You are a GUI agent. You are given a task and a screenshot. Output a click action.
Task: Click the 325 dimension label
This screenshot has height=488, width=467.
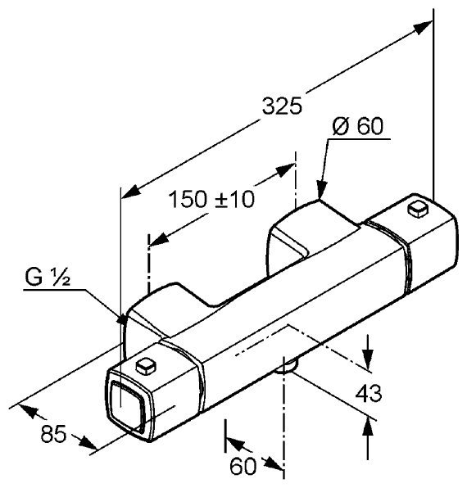[x=282, y=106]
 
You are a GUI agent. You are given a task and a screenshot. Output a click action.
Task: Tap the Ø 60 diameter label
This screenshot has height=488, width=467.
[x=357, y=126]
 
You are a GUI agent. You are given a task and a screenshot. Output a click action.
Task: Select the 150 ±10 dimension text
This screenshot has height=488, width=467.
[x=211, y=199]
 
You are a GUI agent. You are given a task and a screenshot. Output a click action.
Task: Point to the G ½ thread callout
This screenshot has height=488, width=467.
[x=48, y=277]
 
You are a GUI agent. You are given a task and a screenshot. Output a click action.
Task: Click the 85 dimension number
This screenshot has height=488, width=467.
[x=53, y=434]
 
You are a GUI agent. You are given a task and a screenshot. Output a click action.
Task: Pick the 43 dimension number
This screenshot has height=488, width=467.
[x=369, y=393]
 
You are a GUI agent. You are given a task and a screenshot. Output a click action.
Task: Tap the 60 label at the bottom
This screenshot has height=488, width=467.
[x=243, y=466]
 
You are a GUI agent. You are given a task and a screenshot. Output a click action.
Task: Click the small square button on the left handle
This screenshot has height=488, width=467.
[x=146, y=366]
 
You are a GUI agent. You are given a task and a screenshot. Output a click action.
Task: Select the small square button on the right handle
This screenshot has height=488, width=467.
[x=418, y=209]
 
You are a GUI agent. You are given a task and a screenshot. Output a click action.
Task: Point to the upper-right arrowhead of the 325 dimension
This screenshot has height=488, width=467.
[x=423, y=26]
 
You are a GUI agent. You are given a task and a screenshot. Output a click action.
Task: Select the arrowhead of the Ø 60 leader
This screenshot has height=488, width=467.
[x=321, y=189]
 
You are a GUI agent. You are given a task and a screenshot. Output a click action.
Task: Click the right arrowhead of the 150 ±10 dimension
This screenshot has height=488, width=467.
[x=284, y=170]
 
